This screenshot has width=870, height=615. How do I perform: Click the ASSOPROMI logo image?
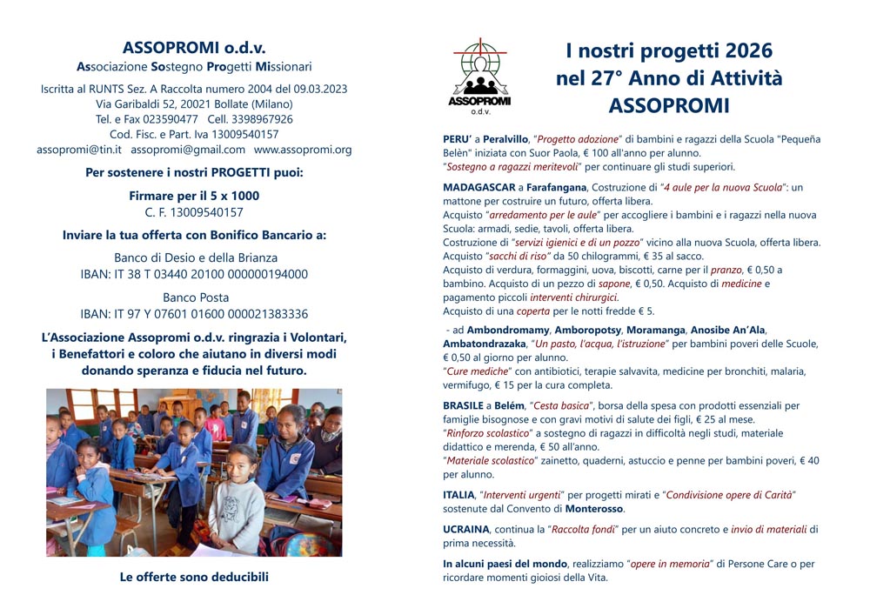(x=480, y=75)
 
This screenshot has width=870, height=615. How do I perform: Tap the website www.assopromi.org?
(x=303, y=150)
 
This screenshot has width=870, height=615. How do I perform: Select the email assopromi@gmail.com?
(x=188, y=150)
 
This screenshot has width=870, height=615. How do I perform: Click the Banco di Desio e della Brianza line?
(x=196, y=257)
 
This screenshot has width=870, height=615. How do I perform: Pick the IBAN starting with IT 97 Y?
(x=194, y=314)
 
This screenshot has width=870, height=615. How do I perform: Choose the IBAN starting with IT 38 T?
(x=194, y=274)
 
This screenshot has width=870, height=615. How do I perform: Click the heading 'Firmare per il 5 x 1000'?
(x=194, y=196)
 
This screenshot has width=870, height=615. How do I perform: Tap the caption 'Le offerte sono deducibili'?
(x=194, y=576)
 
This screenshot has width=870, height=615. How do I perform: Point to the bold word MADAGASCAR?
(x=477, y=187)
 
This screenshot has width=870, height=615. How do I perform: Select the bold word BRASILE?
(x=464, y=405)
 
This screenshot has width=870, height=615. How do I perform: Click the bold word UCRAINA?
(x=466, y=529)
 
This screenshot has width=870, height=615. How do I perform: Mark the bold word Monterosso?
(x=594, y=508)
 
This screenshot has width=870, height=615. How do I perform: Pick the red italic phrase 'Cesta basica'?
(x=566, y=405)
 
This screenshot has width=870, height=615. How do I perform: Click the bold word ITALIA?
(x=458, y=495)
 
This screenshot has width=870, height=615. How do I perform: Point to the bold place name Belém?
(x=511, y=405)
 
